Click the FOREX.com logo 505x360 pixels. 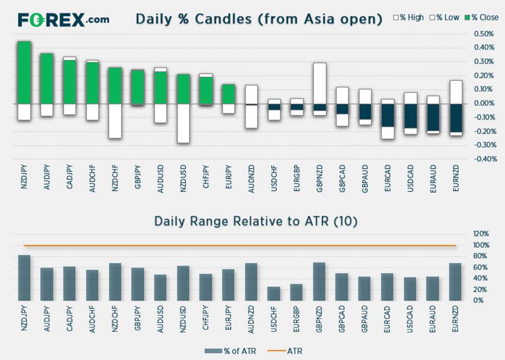[63, 20]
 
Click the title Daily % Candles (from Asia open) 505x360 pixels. [259, 19]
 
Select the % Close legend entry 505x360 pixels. [482, 17]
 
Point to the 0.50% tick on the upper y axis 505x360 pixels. [483, 33]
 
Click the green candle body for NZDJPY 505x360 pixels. [24, 72]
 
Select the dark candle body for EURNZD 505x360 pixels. [456, 118]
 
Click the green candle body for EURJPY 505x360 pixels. [228, 94]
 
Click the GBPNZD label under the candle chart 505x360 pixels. [320, 178]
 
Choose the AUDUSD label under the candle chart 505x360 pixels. [160, 178]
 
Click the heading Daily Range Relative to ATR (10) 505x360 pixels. [256, 221]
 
